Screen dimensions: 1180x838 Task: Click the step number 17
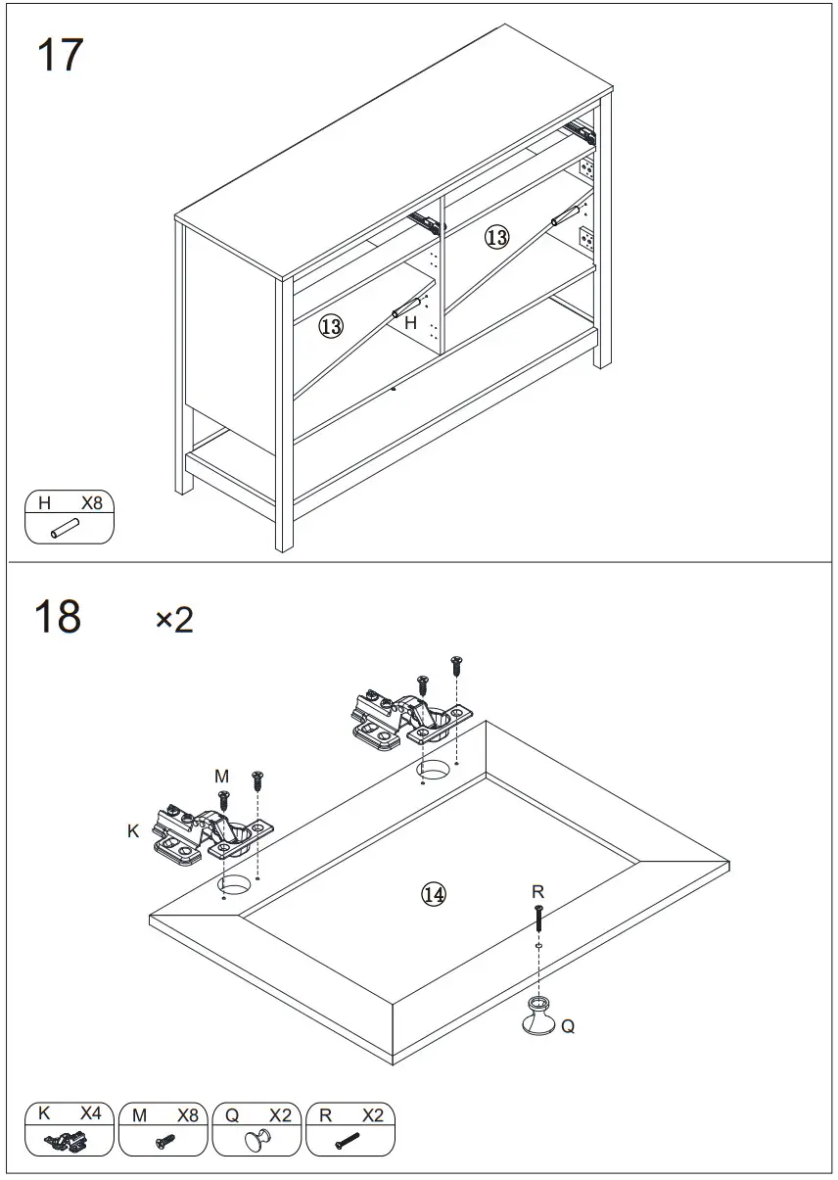(60, 56)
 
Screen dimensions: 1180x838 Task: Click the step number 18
(58, 618)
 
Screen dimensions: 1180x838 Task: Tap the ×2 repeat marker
(174, 620)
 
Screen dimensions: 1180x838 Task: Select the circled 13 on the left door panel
(331, 326)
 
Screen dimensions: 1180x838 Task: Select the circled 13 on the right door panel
(497, 237)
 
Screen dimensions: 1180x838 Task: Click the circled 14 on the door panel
(434, 893)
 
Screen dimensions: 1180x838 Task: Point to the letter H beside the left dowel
(411, 322)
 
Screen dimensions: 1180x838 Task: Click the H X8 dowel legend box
(70, 517)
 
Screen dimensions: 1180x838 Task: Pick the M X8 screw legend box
(163, 1129)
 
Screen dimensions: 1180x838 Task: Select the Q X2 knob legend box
(256, 1129)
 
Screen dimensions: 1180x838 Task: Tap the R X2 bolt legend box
(350, 1129)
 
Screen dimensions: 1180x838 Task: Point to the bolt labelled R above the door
(538, 919)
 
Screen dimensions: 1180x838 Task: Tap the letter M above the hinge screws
(222, 777)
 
